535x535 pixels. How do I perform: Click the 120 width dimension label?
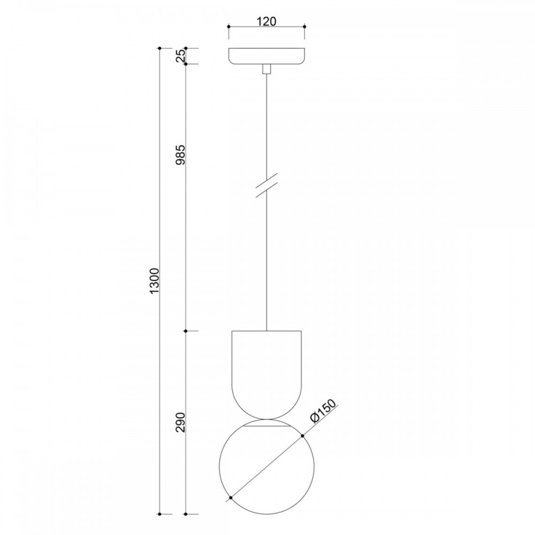click(266, 21)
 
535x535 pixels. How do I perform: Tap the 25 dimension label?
click(180, 56)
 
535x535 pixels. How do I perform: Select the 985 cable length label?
click(180, 155)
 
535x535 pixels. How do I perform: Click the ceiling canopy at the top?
click(266, 56)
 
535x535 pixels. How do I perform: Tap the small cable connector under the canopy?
click(266, 69)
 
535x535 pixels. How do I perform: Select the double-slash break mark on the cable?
click(266, 185)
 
